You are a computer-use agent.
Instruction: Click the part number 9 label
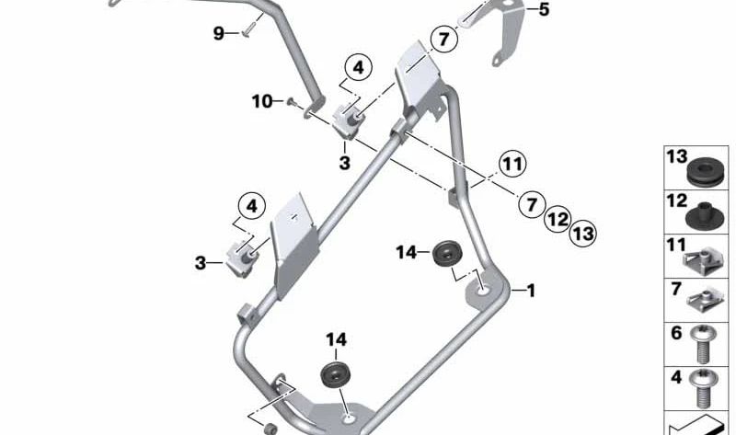[x=219, y=34]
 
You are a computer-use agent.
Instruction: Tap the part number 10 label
[x=260, y=100]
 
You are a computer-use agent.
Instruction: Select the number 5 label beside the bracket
[x=543, y=10]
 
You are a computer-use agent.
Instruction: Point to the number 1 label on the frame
[x=529, y=291]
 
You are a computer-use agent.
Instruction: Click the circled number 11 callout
[x=512, y=165]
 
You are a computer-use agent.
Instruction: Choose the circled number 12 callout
[x=556, y=219]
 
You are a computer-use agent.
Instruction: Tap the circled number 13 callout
[x=581, y=234]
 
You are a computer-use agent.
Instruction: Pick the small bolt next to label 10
[x=291, y=102]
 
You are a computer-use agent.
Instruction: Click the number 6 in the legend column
[x=675, y=335]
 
